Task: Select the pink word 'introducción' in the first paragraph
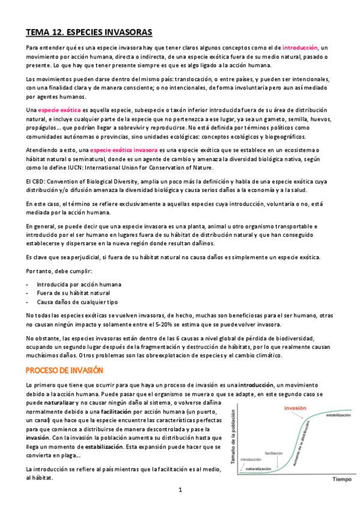(x=301, y=47)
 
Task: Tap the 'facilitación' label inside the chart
(x=274, y=452)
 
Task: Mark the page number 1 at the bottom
(x=180, y=490)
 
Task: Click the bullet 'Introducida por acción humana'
(x=79, y=284)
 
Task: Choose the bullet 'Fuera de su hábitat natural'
(x=74, y=293)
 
